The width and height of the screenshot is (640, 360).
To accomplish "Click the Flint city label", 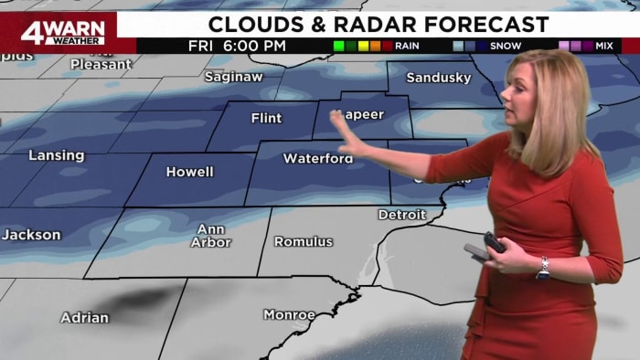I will (x=266, y=118).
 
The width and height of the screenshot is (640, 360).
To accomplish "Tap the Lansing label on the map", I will (x=56, y=155).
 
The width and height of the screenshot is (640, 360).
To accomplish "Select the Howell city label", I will (x=189, y=172).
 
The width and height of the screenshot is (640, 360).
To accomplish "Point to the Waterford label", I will (x=317, y=158).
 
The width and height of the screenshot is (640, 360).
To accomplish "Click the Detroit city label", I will (x=402, y=215).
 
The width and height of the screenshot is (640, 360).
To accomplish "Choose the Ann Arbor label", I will (x=211, y=235).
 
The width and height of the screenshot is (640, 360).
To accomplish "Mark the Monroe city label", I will (x=289, y=314).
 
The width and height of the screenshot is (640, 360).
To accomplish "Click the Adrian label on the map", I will (x=84, y=318).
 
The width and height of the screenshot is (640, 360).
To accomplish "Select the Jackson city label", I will (x=30, y=235).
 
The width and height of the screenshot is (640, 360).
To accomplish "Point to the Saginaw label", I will (x=233, y=77).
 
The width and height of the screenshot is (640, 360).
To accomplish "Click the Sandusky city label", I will (x=438, y=78).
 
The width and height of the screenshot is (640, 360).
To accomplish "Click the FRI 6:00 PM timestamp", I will (x=237, y=45).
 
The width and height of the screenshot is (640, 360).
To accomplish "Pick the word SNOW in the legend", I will (x=506, y=46).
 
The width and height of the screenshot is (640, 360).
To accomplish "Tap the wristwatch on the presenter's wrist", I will (x=543, y=267).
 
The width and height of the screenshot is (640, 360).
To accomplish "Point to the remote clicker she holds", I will (x=494, y=242).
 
